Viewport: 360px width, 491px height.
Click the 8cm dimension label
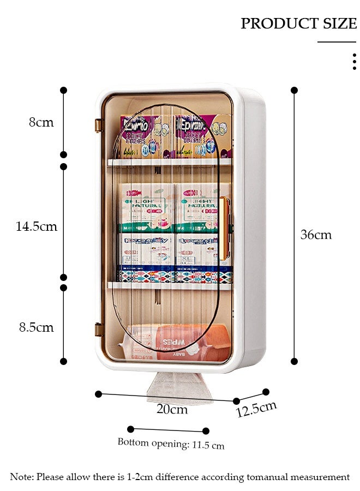click(41, 122)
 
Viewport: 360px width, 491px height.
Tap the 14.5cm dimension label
click(37, 226)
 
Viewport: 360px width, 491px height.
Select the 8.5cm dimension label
click(37, 327)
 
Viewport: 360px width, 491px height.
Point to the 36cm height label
click(316, 235)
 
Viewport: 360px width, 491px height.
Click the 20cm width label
click(172, 409)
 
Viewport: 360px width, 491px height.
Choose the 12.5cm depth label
click(256, 409)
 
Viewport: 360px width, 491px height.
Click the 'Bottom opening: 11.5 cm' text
click(171, 444)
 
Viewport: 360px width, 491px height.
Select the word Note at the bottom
click(22, 477)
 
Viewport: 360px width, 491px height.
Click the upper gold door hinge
click(98, 125)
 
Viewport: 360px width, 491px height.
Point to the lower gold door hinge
click(98, 330)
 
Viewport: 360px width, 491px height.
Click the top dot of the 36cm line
click(295, 90)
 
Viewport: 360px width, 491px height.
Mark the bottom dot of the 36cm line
click(295, 361)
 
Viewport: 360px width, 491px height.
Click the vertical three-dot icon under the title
click(354, 62)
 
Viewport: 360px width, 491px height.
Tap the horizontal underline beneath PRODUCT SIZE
click(337, 42)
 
